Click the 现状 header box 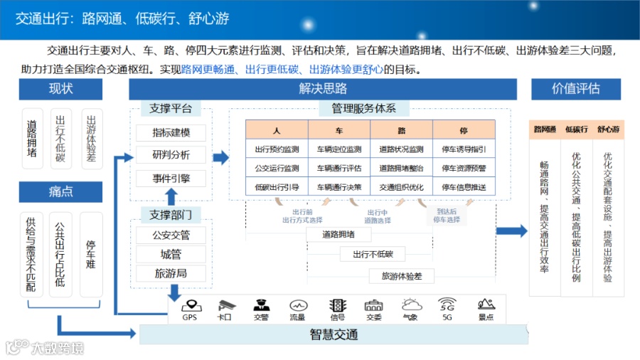point(60,89)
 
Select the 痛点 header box point(60,191)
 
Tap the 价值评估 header point(575,89)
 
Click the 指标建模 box point(171,133)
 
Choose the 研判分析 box point(171,155)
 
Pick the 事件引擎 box point(171,178)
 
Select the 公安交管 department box point(171,235)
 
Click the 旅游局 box point(171,273)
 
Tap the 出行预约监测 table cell point(277,149)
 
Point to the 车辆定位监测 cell point(339,149)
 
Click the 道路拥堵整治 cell point(401,169)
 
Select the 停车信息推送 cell point(464,187)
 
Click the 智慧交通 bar point(334,334)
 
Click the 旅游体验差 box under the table point(401,276)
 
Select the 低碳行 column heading point(576,130)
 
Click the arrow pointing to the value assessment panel point(511,231)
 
